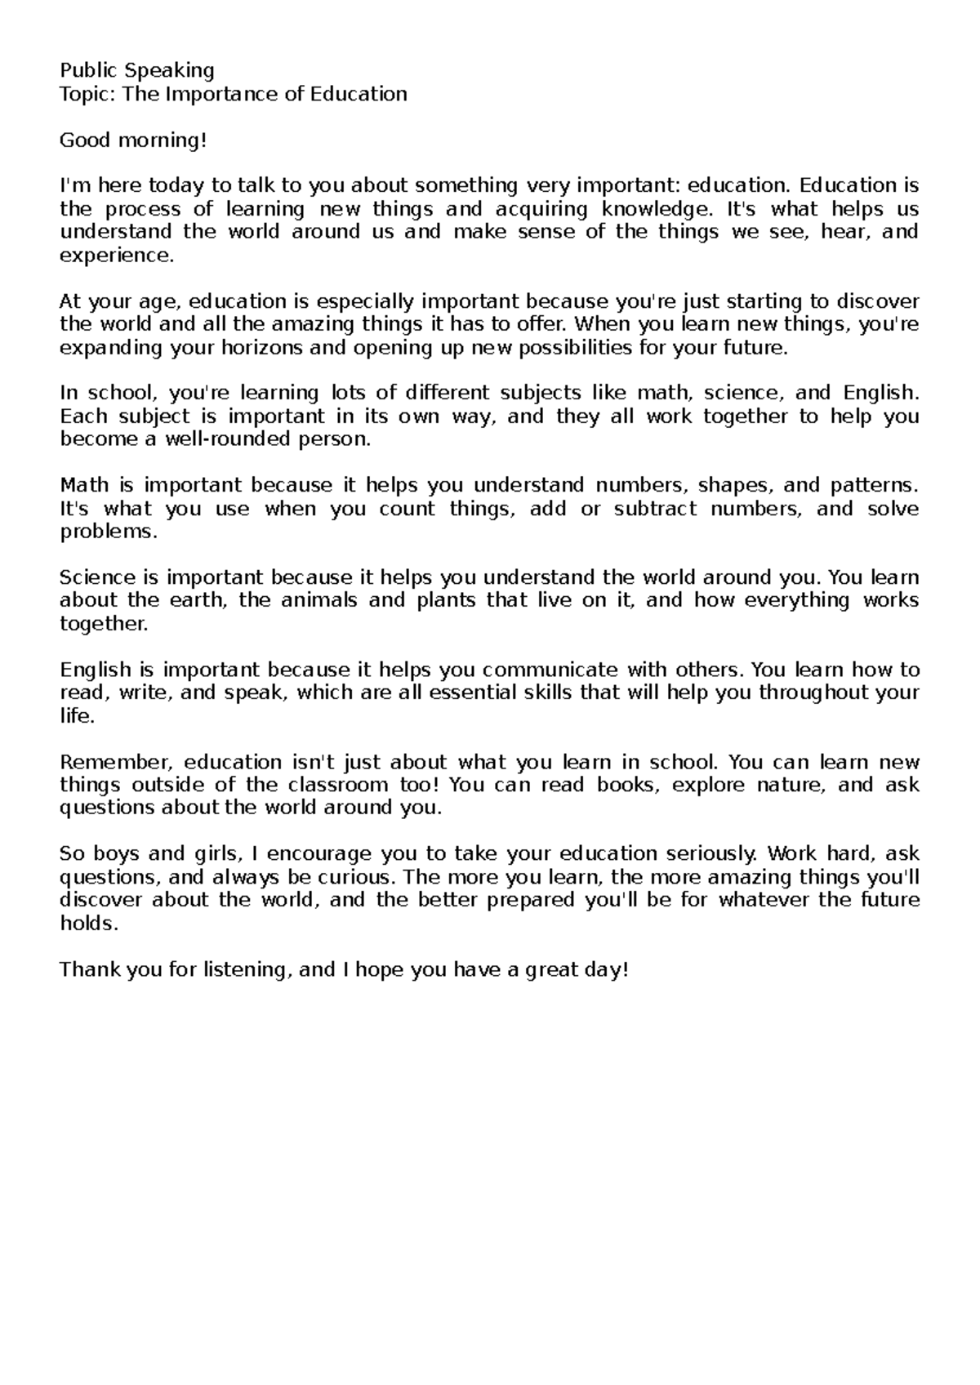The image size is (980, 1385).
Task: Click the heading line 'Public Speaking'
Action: click(x=137, y=71)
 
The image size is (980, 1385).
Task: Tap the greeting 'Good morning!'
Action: click(x=129, y=140)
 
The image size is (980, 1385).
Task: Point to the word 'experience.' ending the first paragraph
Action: click(x=118, y=256)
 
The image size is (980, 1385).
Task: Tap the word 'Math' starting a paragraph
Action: click(x=84, y=486)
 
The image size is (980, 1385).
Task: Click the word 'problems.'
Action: click(x=108, y=532)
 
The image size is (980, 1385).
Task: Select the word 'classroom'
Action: click(x=338, y=786)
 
